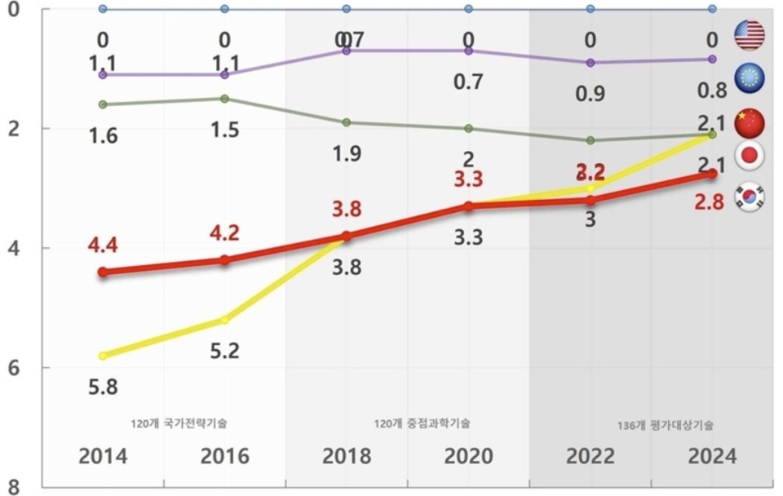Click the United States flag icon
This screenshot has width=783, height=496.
coord(749,35)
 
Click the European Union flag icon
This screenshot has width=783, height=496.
coord(749,77)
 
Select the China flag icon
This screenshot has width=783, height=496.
coord(749,121)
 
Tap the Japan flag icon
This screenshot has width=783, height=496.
coord(749,156)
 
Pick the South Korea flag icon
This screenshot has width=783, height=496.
coord(749,196)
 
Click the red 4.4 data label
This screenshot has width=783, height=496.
coord(103,245)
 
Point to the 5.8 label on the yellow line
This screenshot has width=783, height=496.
coord(103,387)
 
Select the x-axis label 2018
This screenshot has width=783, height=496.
coord(347,455)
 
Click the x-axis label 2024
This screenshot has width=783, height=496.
coord(712,455)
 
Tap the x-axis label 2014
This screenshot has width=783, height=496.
coord(103,455)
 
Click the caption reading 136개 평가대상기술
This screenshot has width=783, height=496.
coord(666,425)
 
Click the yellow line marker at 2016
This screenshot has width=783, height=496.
coord(224,319)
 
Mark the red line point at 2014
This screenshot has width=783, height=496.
coord(103,272)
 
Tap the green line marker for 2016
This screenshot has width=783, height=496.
coord(224,99)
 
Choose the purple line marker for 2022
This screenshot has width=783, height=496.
coord(591,63)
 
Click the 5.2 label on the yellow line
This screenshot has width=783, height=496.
coord(224,351)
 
